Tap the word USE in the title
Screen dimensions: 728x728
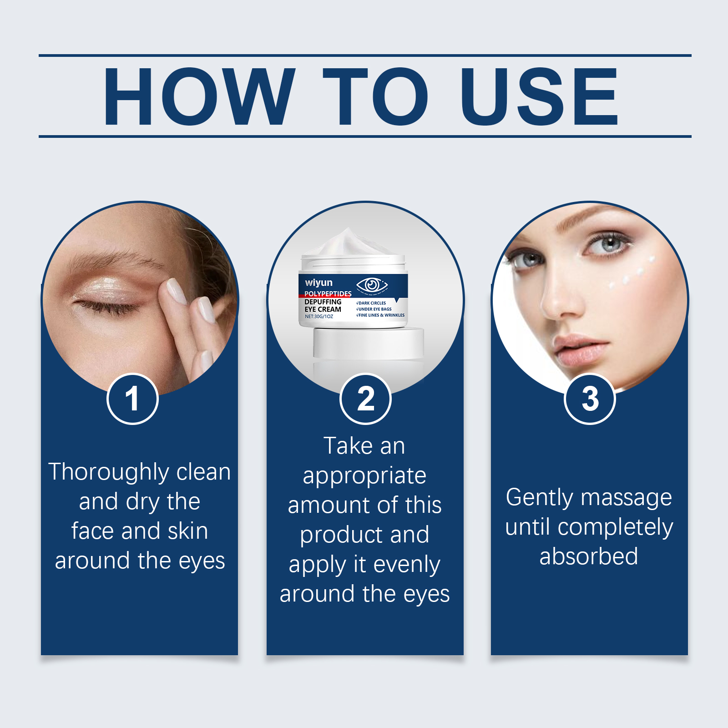(539, 96)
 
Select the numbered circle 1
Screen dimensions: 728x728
(132, 399)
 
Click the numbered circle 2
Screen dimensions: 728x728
(365, 399)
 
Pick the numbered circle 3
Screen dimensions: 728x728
(590, 399)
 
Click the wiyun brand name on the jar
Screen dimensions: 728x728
(318, 283)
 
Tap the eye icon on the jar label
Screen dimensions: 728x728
(372, 285)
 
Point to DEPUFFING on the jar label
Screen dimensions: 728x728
(323, 302)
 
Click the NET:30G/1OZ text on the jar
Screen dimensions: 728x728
(318, 316)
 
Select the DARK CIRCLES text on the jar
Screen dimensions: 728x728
(371, 303)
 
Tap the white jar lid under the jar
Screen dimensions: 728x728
(368, 342)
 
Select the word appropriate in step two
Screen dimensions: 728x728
(364, 476)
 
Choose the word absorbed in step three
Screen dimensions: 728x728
(589, 556)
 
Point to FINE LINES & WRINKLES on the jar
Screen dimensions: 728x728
(380, 315)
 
